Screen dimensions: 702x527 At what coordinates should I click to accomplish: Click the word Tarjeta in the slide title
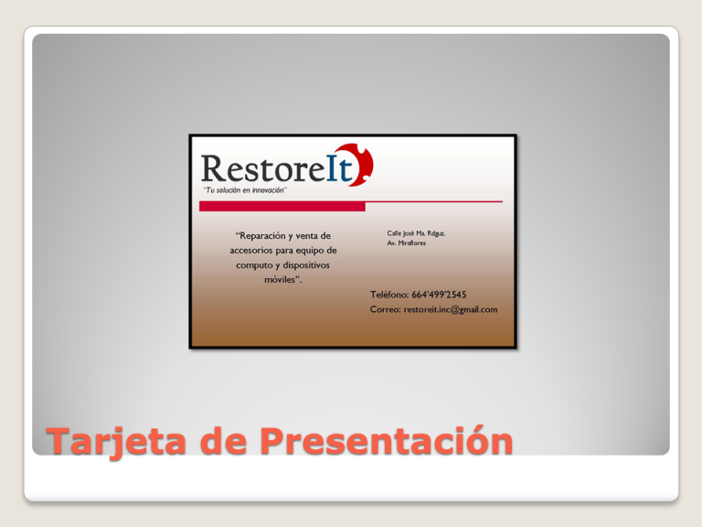click(116, 442)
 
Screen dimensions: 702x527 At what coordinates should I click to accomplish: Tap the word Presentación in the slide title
click(386, 439)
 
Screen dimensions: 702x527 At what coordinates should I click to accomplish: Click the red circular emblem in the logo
click(358, 165)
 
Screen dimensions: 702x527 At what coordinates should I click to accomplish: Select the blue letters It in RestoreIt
click(339, 168)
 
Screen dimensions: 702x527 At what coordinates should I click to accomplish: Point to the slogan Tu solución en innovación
click(245, 190)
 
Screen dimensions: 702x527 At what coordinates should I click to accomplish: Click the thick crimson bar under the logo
click(282, 206)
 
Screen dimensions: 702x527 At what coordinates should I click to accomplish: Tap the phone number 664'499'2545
click(439, 295)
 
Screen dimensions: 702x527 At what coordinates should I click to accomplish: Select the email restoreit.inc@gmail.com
click(451, 309)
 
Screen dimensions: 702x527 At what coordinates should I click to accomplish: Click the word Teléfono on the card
click(389, 295)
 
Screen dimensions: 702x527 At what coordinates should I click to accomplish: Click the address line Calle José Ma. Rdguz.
click(416, 233)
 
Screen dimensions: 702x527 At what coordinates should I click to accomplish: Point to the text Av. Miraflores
click(407, 242)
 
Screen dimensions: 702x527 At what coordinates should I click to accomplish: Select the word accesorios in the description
click(251, 251)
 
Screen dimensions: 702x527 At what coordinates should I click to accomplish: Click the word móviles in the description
click(282, 280)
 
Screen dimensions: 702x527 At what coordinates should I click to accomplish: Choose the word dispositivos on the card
click(306, 265)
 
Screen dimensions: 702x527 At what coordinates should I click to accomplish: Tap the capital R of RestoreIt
click(214, 168)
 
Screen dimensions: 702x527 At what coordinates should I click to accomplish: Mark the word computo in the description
click(254, 265)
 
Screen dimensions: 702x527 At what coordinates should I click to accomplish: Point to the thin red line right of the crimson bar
click(434, 201)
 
